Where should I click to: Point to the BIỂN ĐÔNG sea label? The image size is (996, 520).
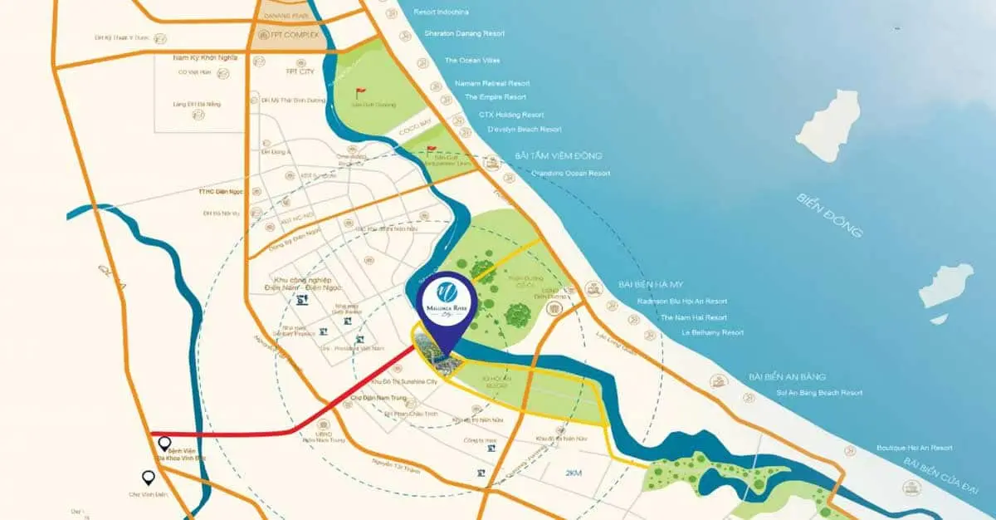[x=829, y=215]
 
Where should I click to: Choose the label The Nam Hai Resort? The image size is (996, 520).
[x=693, y=317]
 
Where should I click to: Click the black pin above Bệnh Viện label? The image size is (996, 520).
[x=164, y=444]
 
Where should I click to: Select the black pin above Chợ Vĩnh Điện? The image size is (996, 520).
[x=148, y=478]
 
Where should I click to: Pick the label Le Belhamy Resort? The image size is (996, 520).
[x=712, y=332]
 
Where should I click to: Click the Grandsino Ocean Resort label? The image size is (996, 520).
[x=571, y=173]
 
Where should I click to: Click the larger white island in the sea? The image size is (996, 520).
[x=828, y=125]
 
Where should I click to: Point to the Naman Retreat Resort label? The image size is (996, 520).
[x=492, y=83]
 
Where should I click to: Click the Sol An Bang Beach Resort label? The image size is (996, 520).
[x=819, y=393]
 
